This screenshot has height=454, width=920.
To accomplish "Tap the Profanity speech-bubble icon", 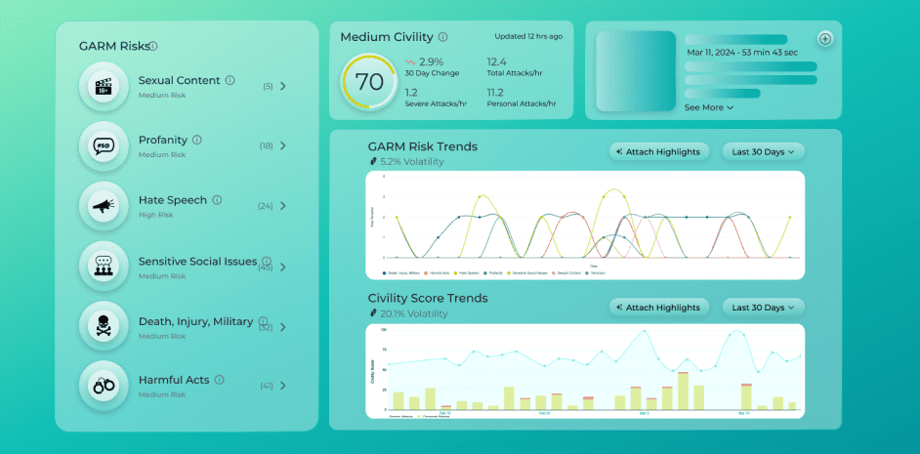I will [x=104, y=145].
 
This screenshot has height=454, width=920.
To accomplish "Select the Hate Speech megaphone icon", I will [x=104, y=206].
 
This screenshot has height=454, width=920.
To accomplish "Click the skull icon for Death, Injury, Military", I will [x=104, y=326].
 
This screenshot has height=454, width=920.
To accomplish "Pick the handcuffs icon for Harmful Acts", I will [x=104, y=386].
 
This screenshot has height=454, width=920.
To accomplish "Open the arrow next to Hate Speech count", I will [x=283, y=206].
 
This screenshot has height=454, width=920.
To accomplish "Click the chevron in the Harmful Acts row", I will [x=283, y=386].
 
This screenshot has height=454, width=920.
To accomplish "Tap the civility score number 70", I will [x=369, y=82].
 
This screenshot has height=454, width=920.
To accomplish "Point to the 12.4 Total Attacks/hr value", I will [x=496, y=62].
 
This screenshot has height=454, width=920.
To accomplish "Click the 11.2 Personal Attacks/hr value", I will [x=496, y=92].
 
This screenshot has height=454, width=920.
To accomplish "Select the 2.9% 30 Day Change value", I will [x=431, y=62].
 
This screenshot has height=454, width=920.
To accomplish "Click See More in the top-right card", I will [x=708, y=107].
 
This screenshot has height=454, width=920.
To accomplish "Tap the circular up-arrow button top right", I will [x=825, y=39].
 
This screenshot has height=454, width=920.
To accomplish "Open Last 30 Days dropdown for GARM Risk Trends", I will [x=764, y=151].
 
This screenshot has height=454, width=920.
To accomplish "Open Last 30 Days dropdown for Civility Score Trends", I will [x=764, y=308].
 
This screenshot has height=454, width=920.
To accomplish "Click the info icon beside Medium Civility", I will [x=443, y=37].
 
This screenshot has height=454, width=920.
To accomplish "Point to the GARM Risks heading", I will [x=114, y=46].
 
